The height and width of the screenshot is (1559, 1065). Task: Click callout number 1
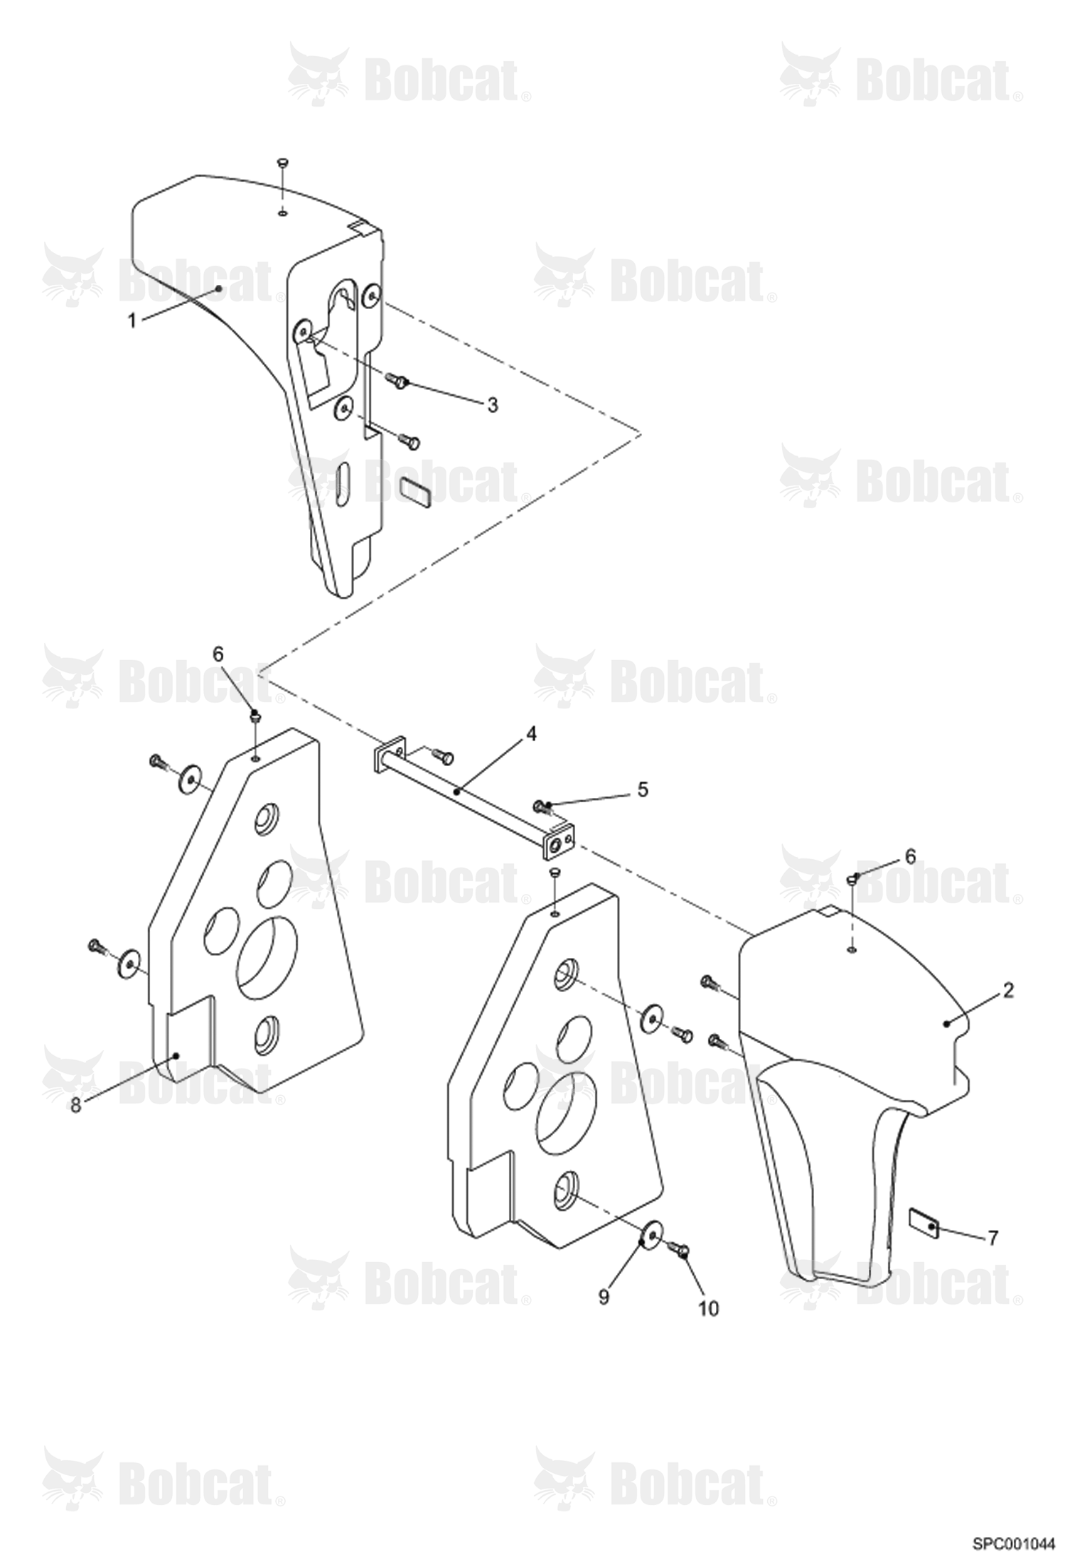[x=132, y=321]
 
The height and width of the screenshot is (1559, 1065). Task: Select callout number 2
[x=1008, y=991]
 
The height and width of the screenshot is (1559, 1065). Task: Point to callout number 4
[x=531, y=734]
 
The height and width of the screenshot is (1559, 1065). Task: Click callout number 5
[x=642, y=790]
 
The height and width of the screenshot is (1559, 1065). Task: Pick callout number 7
[x=992, y=1238]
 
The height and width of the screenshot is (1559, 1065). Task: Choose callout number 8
[x=76, y=1106]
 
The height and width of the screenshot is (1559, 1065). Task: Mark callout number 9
[x=604, y=1298]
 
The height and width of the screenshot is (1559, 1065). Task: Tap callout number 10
[x=709, y=1309]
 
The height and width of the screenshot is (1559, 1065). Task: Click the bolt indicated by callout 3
[x=397, y=382]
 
